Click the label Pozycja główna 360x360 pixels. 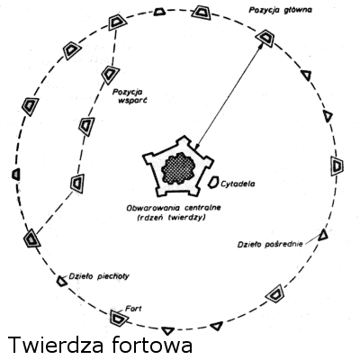280,10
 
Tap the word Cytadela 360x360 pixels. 238,184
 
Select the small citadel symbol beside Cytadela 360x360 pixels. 214,183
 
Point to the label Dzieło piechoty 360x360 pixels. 99,276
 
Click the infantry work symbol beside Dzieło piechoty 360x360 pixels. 62,281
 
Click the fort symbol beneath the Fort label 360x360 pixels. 117,318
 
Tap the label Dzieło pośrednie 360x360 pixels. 270,245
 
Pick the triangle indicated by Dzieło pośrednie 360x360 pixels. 323,235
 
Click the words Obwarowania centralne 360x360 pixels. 174,208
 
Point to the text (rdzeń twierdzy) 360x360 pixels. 171,218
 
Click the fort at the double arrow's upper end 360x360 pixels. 265,38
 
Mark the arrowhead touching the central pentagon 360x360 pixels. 197,146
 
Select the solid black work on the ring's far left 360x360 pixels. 16,175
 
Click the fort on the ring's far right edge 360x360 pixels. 337,166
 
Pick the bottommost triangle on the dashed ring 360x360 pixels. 167,330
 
